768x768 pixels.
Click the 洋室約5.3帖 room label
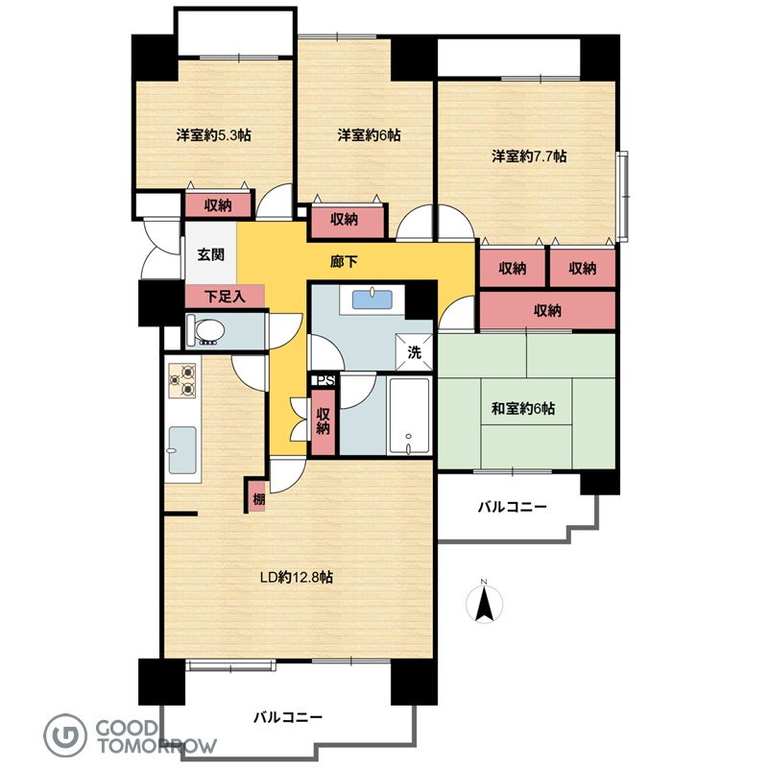pyautogui.click(x=213, y=134)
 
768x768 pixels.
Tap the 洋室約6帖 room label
pyautogui.click(x=369, y=134)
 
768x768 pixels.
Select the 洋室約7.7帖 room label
pyautogui.click(x=530, y=156)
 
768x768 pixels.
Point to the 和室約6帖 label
pyautogui.click(x=523, y=408)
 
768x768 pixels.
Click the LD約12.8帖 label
pyautogui.click(x=297, y=577)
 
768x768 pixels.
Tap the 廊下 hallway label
pyautogui.click(x=344, y=262)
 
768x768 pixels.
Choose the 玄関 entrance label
pyautogui.click(x=211, y=254)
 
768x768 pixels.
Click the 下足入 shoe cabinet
pyautogui.click(x=225, y=297)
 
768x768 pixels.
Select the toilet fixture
pyautogui.click(x=205, y=330)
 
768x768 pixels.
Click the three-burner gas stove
pyautogui.click(x=182, y=380)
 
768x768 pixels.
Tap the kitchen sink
pyautogui.click(x=182, y=450)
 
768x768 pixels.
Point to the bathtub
pyautogui.click(x=409, y=416)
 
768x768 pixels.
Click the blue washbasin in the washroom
pyautogui.click(x=372, y=300)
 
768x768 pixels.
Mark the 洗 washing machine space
pyautogui.click(x=414, y=352)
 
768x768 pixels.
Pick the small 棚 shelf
pyautogui.click(x=257, y=496)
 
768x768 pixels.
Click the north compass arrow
pyautogui.click(x=484, y=605)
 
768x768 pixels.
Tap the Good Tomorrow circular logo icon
pyautogui.click(x=65, y=735)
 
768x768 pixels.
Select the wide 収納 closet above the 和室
pyautogui.click(x=547, y=310)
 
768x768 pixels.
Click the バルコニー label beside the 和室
pyautogui.click(x=513, y=507)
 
